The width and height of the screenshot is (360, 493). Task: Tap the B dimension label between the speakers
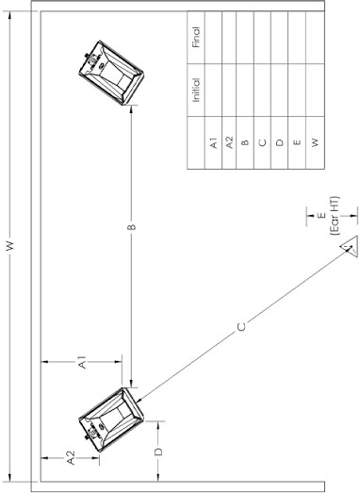point(132,227)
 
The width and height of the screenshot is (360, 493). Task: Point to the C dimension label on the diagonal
point(241,327)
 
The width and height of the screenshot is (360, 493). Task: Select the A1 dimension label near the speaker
point(82,362)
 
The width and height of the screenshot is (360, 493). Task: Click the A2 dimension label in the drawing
point(71,458)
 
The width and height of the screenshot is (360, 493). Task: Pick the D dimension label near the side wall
point(158,452)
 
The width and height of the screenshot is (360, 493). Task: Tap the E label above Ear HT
point(321,215)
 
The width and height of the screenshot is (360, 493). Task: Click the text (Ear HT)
point(335,216)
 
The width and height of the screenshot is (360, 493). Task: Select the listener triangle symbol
point(349,246)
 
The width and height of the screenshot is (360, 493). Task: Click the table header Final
point(196,37)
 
